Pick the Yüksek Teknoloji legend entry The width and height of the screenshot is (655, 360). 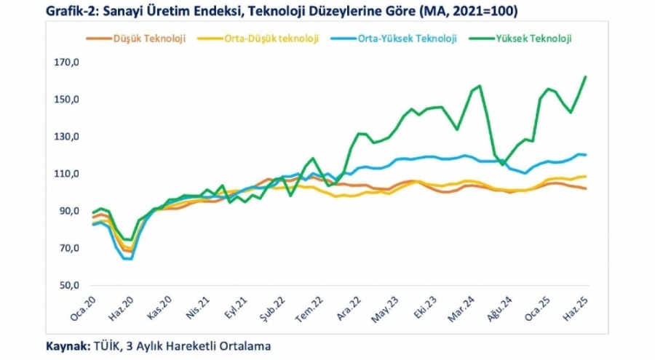533,39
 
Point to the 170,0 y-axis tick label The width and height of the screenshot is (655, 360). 66,63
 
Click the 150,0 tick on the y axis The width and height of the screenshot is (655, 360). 66,100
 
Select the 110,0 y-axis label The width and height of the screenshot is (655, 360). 66,174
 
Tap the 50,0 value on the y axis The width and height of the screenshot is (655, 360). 68,285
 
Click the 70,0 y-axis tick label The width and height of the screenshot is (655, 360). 68,248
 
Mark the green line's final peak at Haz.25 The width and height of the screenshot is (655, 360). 586,76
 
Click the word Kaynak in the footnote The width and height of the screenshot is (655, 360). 68,346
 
